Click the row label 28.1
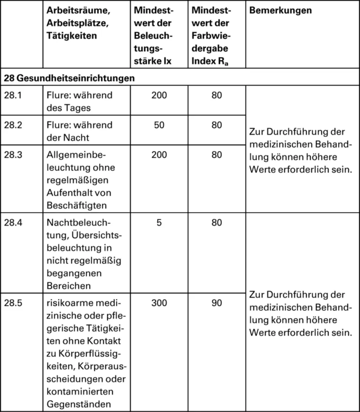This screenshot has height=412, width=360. pyautogui.click(x=13, y=95)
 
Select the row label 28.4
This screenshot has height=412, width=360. pyautogui.click(x=13, y=223)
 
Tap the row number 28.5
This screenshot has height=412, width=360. pyautogui.click(x=13, y=303)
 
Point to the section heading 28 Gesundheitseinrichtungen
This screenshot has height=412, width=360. pyautogui.click(x=69, y=78)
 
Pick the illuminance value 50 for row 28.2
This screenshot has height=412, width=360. pyautogui.click(x=159, y=125)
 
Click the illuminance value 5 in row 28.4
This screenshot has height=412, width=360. pyautogui.click(x=159, y=223)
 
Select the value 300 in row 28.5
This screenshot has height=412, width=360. pyautogui.click(x=159, y=303)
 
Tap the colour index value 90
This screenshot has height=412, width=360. pyautogui.click(x=216, y=303)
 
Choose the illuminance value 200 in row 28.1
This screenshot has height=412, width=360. pyautogui.click(x=159, y=95)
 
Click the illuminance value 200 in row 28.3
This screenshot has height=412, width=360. pyautogui.click(x=159, y=155)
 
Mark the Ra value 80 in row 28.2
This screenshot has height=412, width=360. pyautogui.click(x=216, y=125)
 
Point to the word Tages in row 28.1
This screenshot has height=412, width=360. pyautogui.click(x=78, y=108)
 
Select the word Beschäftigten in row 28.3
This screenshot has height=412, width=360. pyautogui.click(x=77, y=205)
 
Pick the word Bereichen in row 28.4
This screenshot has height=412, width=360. pyautogui.click(x=69, y=286)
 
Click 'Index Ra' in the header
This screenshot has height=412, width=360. pyautogui.click(x=210, y=61)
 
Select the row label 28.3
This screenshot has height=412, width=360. pyautogui.click(x=13, y=155)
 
